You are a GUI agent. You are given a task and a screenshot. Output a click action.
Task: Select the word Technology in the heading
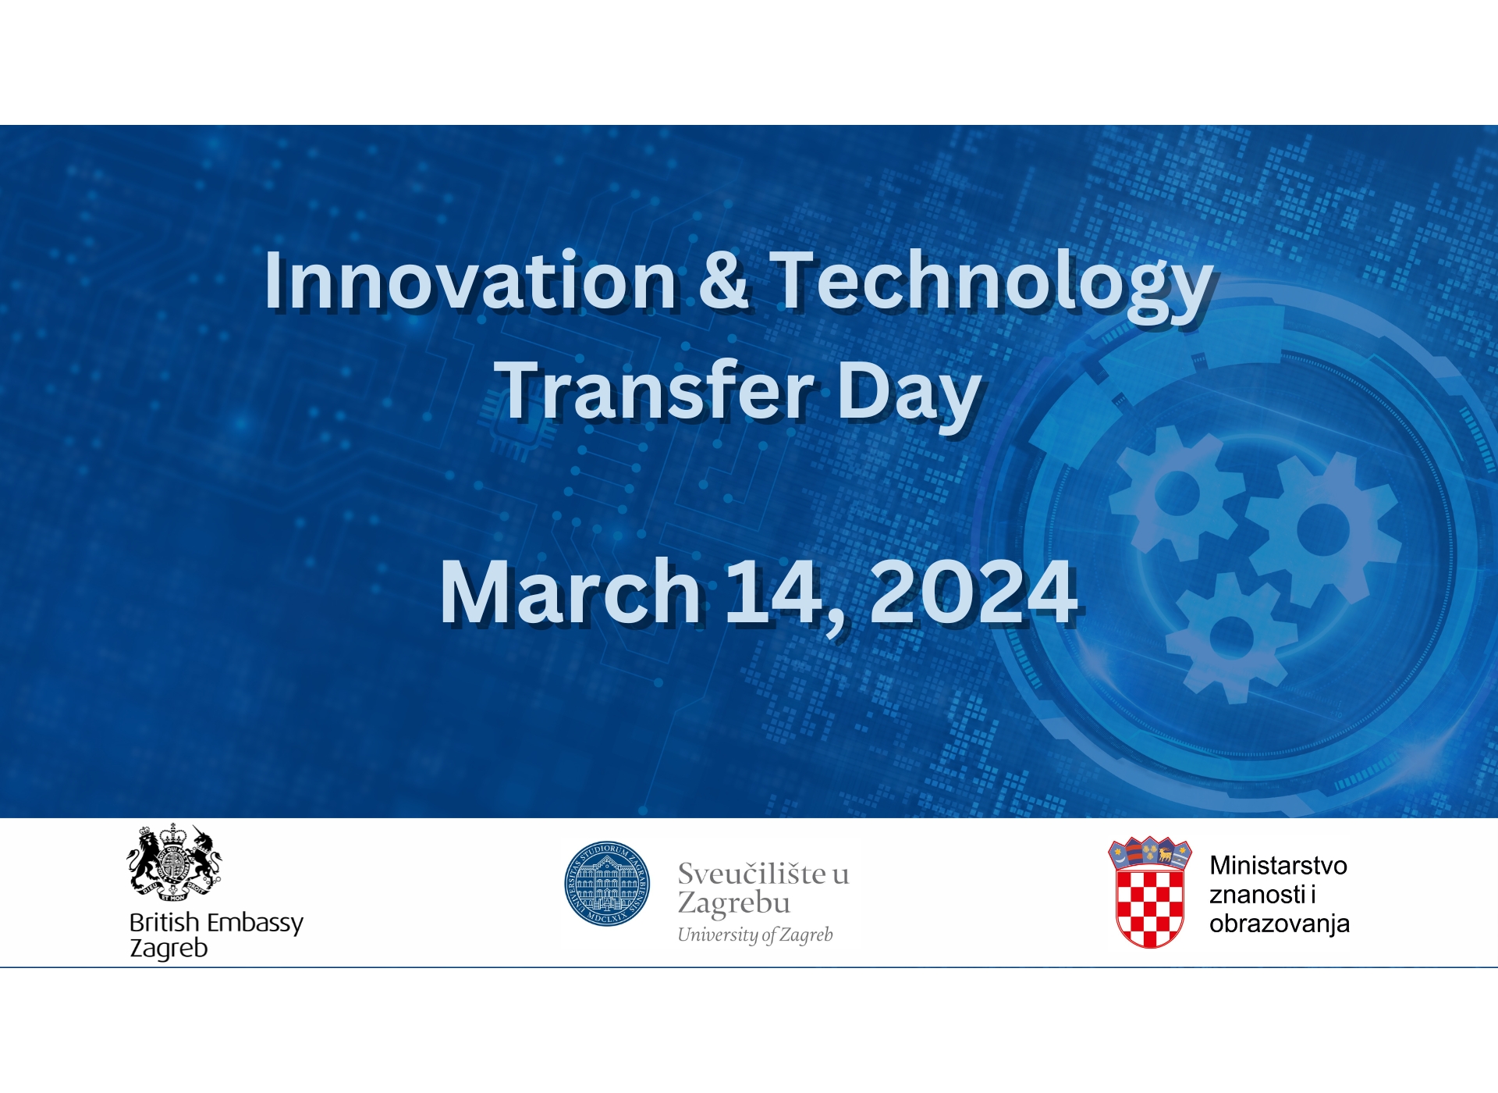[991, 283]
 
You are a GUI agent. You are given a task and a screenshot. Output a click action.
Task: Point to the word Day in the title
[908, 392]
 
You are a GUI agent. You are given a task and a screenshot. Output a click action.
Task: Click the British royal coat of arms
[174, 863]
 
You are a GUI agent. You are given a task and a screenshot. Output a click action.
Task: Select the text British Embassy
[216, 922]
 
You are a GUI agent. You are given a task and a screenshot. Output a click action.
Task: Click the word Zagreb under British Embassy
[169, 948]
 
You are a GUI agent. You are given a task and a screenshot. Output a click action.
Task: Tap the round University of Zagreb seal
[607, 884]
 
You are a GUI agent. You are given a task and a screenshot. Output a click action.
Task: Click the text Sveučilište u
[762, 874]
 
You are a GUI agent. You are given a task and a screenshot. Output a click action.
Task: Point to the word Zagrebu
[733, 903]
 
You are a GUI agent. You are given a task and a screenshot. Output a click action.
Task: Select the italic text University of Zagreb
[754, 935]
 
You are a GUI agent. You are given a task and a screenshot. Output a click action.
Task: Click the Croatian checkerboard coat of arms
[1150, 894]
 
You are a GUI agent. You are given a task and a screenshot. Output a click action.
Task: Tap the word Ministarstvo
[1278, 865]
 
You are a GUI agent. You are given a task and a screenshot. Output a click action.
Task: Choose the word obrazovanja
[1279, 924]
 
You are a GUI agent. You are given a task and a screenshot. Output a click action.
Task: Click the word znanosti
[1257, 895]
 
